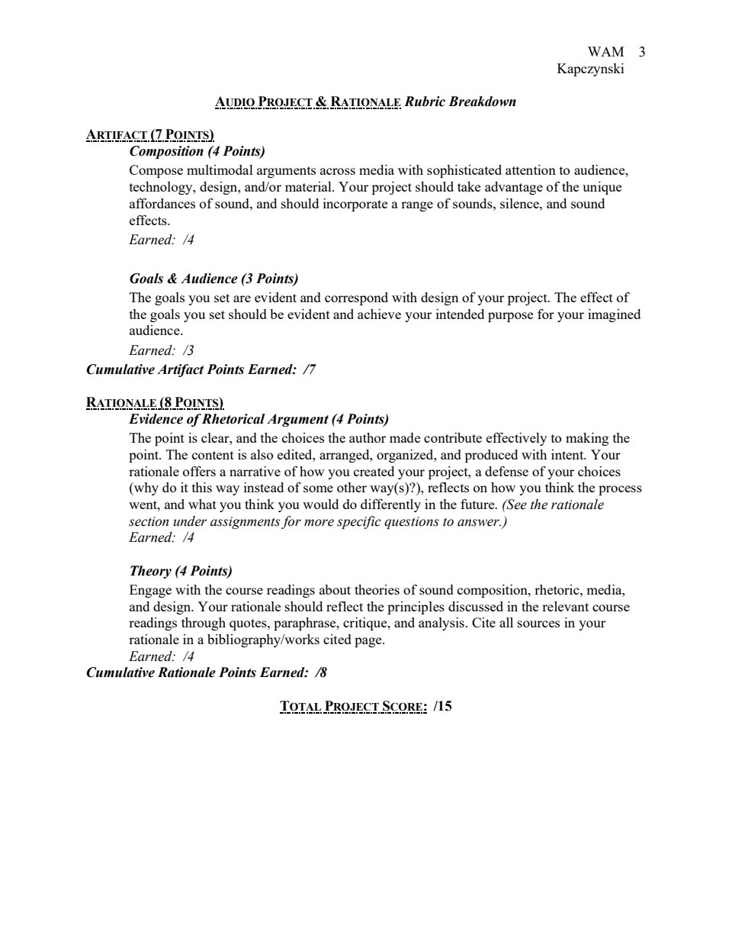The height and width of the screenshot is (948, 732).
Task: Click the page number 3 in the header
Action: click(x=642, y=52)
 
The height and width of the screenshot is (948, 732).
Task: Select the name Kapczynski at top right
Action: click(x=591, y=69)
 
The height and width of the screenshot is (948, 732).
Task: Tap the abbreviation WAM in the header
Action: click(x=605, y=52)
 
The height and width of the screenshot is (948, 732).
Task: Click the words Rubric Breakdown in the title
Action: click(x=460, y=102)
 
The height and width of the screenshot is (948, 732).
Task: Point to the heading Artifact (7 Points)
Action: click(x=149, y=136)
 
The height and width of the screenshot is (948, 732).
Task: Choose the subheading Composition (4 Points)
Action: click(x=197, y=151)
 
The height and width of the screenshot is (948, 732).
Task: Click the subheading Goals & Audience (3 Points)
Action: click(x=213, y=279)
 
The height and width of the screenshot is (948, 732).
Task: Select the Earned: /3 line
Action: click(x=162, y=350)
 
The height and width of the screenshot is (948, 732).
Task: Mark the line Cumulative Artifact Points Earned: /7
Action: click(x=201, y=369)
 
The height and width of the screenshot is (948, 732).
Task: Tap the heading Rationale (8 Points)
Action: click(x=155, y=402)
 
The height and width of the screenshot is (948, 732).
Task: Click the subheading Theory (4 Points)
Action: click(x=181, y=571)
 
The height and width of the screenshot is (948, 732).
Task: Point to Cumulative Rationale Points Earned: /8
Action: click(x=206, y=672)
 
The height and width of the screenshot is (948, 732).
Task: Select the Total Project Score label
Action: click(x=353, y=706)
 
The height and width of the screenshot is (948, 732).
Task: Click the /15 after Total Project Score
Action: click(x=442, y=706)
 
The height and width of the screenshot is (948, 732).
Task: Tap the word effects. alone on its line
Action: click(x=149, y=221)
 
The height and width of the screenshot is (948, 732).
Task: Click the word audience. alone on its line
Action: click(x=156, y=331)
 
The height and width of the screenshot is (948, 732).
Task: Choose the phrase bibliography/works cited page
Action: click(x=296, y=640)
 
